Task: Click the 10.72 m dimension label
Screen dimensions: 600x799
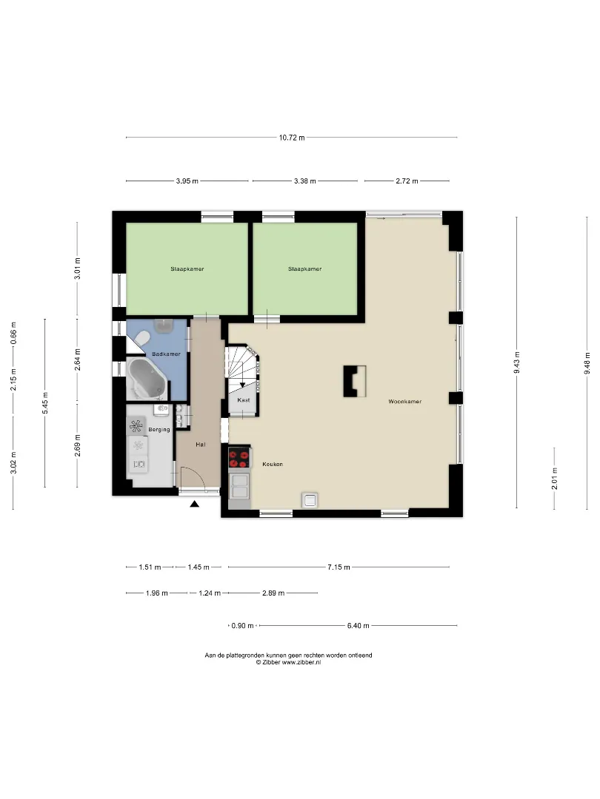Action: click(x=292, y=138)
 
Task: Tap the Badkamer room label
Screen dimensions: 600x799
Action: click(x=167, y=354)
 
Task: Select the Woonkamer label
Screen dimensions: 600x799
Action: click(x=405, y=402)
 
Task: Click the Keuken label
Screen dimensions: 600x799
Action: click(x=273, y=464)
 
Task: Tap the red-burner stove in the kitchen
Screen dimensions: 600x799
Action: click(x=239, y=457)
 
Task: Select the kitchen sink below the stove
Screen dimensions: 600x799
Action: click(x=240, y=485)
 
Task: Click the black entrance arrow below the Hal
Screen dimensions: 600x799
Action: click(x=194, y=504)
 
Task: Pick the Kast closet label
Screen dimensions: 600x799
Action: click(x=244, y=400)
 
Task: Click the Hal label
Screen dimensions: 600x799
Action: click(x=201, y=445)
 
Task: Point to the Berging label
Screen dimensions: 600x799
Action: click(x=159, y=430)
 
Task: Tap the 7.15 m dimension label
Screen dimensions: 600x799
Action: click(x=339, y=567)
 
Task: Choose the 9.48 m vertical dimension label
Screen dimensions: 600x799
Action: click(x=587, y=363)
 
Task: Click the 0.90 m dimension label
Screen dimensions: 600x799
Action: click(x=242, y=626)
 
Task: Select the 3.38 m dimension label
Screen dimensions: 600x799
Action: click(x=305, y=181)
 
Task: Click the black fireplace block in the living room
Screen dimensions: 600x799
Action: click(x=355, y=381)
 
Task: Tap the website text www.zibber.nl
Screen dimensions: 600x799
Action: click(x=301, y=662)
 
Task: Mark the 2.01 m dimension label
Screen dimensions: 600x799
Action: click(x=555, y=479)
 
